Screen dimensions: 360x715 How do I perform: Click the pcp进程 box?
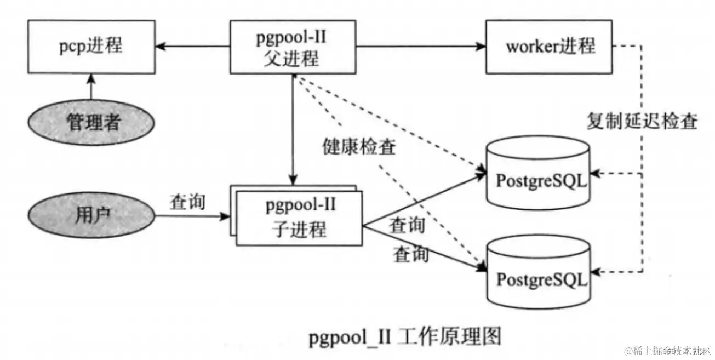click(x=91, y=47)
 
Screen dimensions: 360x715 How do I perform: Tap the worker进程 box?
click(x=548, y=47)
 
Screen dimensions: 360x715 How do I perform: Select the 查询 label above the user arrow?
click(x=187, y=202)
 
